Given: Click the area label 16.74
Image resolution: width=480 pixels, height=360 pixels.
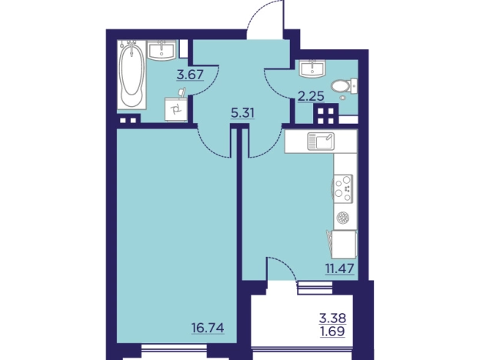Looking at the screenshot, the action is click(208, 328).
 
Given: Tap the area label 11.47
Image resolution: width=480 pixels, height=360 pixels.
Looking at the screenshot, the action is click(339, 268).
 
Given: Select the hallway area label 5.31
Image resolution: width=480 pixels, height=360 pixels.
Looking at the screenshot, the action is click(242, 114).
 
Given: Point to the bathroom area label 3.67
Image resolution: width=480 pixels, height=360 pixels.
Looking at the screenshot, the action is click(190, 75).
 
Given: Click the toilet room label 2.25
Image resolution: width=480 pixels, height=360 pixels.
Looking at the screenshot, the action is click(311, 97).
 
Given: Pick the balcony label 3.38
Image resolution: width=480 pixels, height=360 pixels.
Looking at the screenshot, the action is click(333, 318).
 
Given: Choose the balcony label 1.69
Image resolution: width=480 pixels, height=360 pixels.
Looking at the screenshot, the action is click(333, 331).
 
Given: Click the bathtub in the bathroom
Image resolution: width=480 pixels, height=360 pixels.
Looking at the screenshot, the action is click(132, 75).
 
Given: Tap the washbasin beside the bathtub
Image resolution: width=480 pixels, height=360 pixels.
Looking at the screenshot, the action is click(162, 50).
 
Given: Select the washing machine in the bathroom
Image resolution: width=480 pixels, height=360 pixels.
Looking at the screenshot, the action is click(176, 109).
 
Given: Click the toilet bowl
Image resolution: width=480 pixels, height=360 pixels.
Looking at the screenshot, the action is click(344, 86).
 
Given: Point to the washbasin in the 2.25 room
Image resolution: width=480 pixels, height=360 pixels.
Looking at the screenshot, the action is click(312, 68).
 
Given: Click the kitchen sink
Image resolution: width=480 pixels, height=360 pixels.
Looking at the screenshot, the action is click(321, 141).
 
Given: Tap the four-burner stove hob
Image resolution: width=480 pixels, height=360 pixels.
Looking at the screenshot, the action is click(343, 188).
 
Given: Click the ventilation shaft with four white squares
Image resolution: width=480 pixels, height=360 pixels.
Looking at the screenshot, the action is click(325, 114).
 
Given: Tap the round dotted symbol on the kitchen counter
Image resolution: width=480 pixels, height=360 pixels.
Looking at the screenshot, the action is click(343, 218).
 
